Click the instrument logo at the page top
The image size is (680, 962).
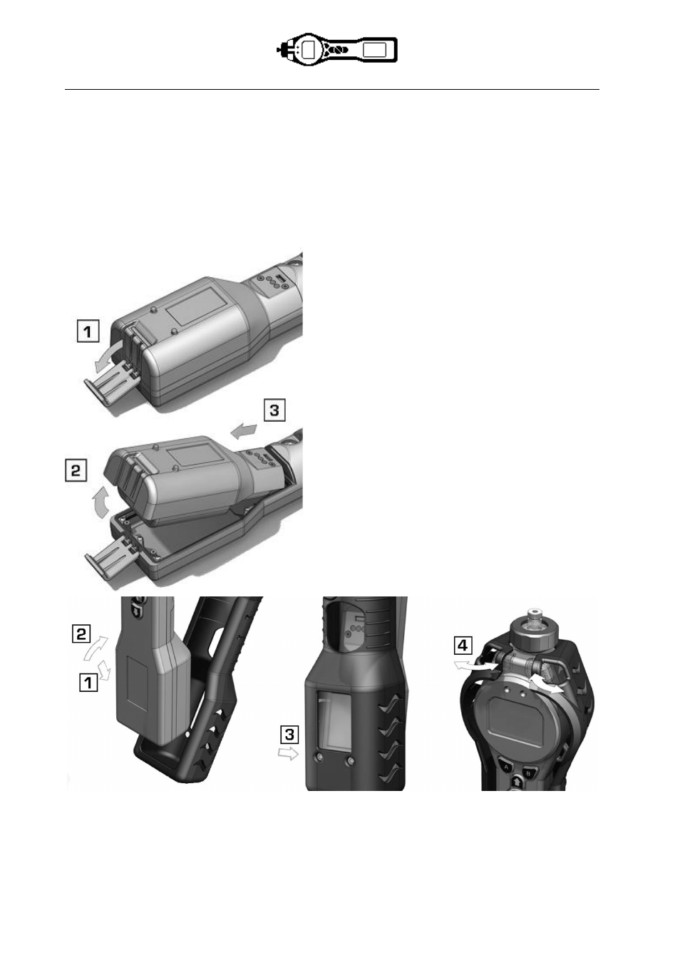point(336,50)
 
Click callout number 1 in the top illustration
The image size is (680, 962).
point(88,331)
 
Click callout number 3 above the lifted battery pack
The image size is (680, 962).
point(274,410)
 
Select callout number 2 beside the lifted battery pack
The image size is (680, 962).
point(76,471)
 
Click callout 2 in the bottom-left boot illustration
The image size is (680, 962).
point(81,634)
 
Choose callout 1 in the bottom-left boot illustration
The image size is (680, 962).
point(88,682)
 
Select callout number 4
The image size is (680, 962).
point(463,645)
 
